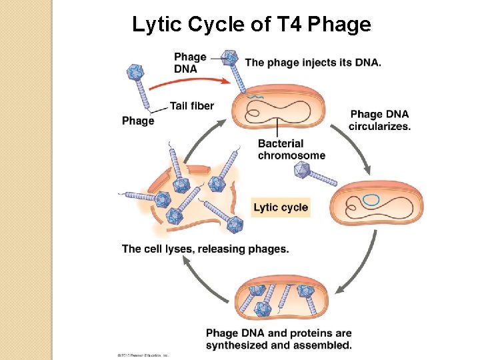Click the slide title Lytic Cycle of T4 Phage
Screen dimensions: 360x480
(x=251, y=25)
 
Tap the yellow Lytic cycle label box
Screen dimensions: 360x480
(x=281, y=207)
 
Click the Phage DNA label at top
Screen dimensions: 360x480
(x=190, y=63)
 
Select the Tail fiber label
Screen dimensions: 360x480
(x=191, y=105)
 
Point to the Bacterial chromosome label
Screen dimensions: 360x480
(x=291, y=149)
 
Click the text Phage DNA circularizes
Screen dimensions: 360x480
(x=379, y=120)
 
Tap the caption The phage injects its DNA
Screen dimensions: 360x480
(x=313, y=63)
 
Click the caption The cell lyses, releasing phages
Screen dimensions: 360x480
(x=205, y=249)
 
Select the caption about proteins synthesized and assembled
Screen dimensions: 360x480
(x=279, y=339)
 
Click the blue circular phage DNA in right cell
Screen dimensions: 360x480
(x=371, y=199)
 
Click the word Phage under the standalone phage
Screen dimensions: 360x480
(x=138, y=121)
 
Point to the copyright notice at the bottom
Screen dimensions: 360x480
(x=140, y=355)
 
